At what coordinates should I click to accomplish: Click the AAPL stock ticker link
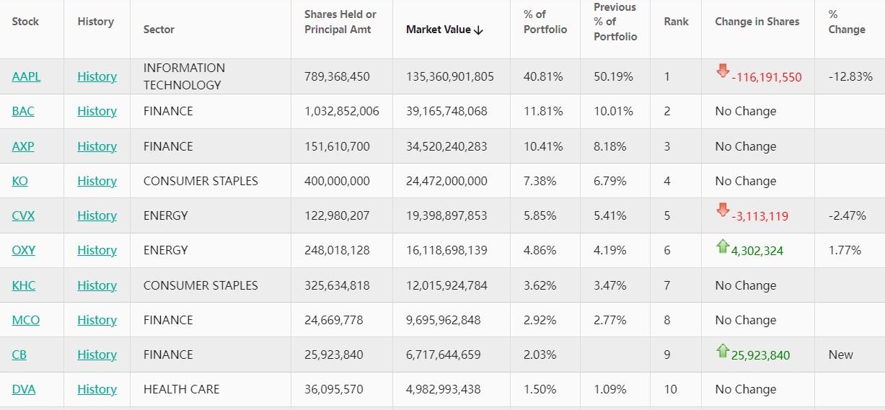[x=26, y=76]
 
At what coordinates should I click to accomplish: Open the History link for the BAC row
[x=97, y=111]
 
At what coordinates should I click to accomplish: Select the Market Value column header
[x=444, y=30]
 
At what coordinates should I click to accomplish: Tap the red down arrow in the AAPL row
[x=723, y=71]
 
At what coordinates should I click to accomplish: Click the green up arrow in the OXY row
[x=723, y=246]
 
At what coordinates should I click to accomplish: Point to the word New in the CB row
[x=841, y=355]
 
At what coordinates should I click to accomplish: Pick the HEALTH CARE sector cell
[x=181, y=389]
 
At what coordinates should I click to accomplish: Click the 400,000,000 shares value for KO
[x=337, y=181]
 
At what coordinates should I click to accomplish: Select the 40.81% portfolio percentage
[x=543, y=76]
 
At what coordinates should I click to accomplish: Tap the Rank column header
[x=676, y=22]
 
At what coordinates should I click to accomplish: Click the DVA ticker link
[x=24, y=389]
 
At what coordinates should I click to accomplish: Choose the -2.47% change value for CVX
[x=847, y=215]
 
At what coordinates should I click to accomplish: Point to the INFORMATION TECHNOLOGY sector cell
[x=184, y=76]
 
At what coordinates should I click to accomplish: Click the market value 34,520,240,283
[x=446, y=146]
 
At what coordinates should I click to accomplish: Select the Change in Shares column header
[x=757, y=22]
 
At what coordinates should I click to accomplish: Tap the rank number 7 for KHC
[x=667, y=285]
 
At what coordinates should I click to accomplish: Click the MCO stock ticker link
[x=26, y=320]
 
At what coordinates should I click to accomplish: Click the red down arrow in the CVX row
[x=723, y=210]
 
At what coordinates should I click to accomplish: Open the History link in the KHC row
[x=97, y=285]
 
